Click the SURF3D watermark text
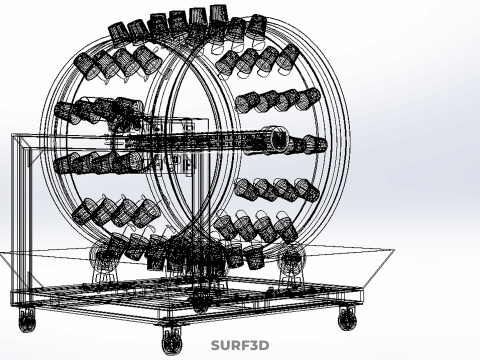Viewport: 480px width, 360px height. [240, 345]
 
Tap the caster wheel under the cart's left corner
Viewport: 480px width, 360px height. [27, 320]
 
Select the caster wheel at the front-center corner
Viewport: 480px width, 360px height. [172, 341]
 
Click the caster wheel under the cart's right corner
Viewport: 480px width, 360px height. [347, 318]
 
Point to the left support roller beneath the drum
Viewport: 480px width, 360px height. [103, 256]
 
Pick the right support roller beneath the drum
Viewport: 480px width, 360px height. [292, 257]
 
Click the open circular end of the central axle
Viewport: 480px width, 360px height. [279, 139]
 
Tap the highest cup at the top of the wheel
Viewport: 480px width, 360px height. [219, 14]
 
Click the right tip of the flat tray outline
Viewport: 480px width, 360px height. [394, 249]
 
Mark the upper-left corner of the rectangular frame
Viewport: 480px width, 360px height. [13, 135]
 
